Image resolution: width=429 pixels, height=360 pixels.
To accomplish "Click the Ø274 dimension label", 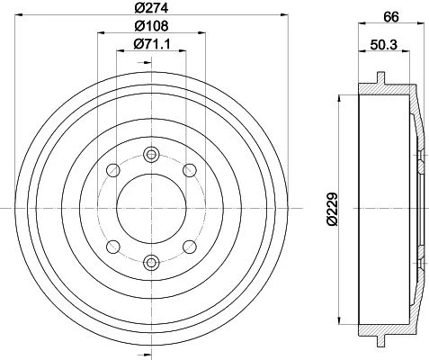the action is [x=151, y=8].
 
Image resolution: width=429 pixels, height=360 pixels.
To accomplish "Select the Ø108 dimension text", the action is [x=151, y=26].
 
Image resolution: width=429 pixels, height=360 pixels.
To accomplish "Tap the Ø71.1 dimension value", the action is [x=152, y=44].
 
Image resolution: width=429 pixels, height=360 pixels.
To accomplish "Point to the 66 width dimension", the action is [x=391, y=17].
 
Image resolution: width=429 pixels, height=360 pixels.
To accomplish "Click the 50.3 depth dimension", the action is [x=383, y=45].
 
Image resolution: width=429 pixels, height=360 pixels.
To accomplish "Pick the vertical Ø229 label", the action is [x=332, y=209].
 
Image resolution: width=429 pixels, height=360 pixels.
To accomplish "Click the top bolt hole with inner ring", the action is [x=151, y=155].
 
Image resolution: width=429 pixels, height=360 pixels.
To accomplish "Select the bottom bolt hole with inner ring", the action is [x=151, y=263].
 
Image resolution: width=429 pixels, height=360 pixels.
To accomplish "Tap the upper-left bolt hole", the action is [x=113, y=171].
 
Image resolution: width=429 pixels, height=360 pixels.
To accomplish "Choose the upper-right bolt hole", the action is [x=190, y=171].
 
